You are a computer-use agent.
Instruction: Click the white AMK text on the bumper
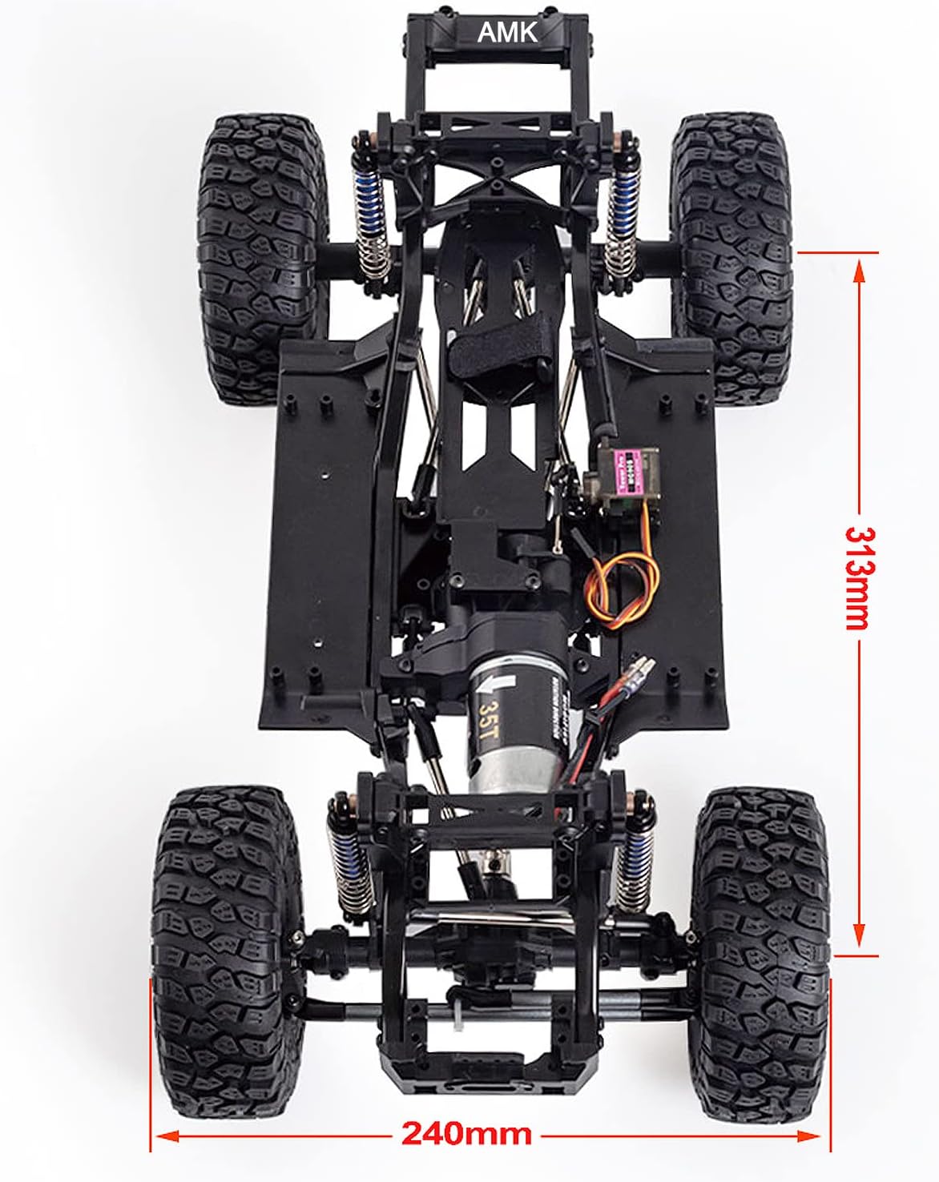507,32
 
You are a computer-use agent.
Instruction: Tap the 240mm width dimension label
466,1134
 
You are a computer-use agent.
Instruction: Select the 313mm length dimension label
859,577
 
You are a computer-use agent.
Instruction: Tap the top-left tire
263,248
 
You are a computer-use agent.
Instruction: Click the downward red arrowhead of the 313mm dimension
859,933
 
